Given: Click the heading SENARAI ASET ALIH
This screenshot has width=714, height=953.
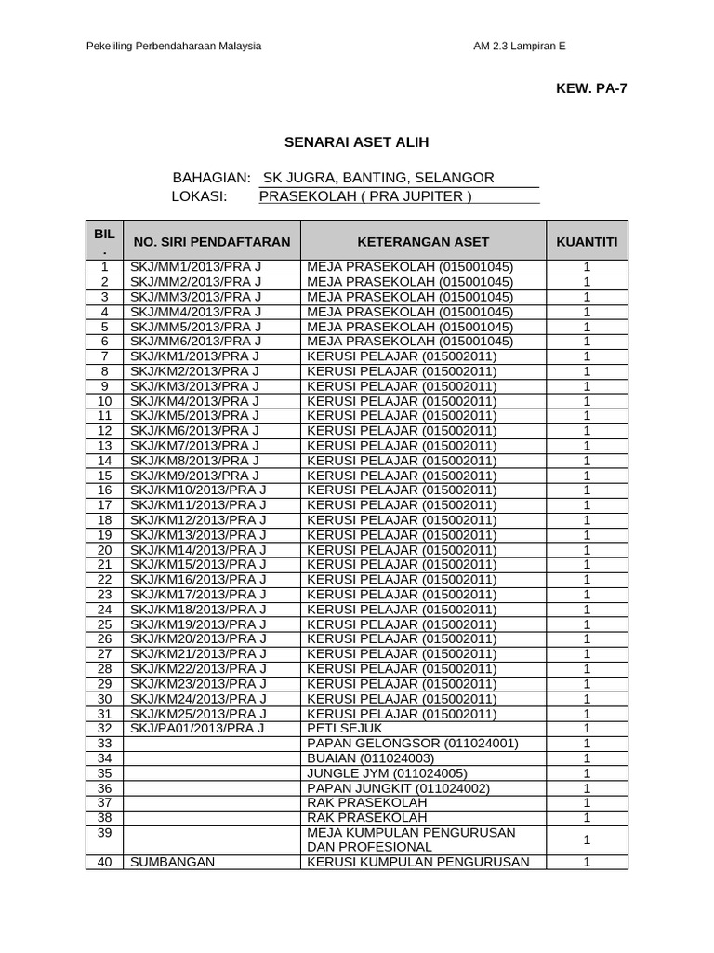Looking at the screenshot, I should pos(356,142).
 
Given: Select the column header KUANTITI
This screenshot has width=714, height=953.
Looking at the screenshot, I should pos(587,242).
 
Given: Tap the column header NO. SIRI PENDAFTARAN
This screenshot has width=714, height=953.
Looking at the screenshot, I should pos(212,242).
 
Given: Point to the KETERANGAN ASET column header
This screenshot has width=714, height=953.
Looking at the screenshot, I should pos(424,242).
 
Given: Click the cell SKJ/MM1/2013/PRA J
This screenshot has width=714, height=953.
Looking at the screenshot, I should pos(196,267).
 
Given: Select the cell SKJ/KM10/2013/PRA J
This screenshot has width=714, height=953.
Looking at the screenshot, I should pos(199,490).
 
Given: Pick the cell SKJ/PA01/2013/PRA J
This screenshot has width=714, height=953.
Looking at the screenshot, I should pos(198,728).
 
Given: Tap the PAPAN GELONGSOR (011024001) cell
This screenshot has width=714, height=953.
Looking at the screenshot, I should pos(412,743).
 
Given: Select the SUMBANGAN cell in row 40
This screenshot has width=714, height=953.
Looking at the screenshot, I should pos(173,862).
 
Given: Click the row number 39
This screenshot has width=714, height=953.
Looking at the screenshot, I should pos(104,833).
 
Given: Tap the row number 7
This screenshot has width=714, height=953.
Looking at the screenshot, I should pos(104,356).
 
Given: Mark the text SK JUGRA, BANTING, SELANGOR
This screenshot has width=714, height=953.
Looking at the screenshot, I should pos(379,178).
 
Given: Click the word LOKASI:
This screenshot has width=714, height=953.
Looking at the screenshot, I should pos(200,196).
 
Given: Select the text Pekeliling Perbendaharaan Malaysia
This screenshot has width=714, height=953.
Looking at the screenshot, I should pos(173,46).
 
